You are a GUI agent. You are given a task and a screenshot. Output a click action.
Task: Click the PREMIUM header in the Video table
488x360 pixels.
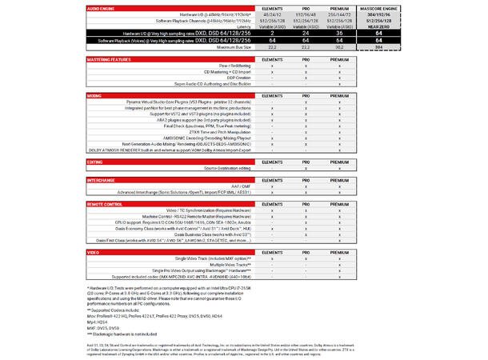click(x=339, y=252)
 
